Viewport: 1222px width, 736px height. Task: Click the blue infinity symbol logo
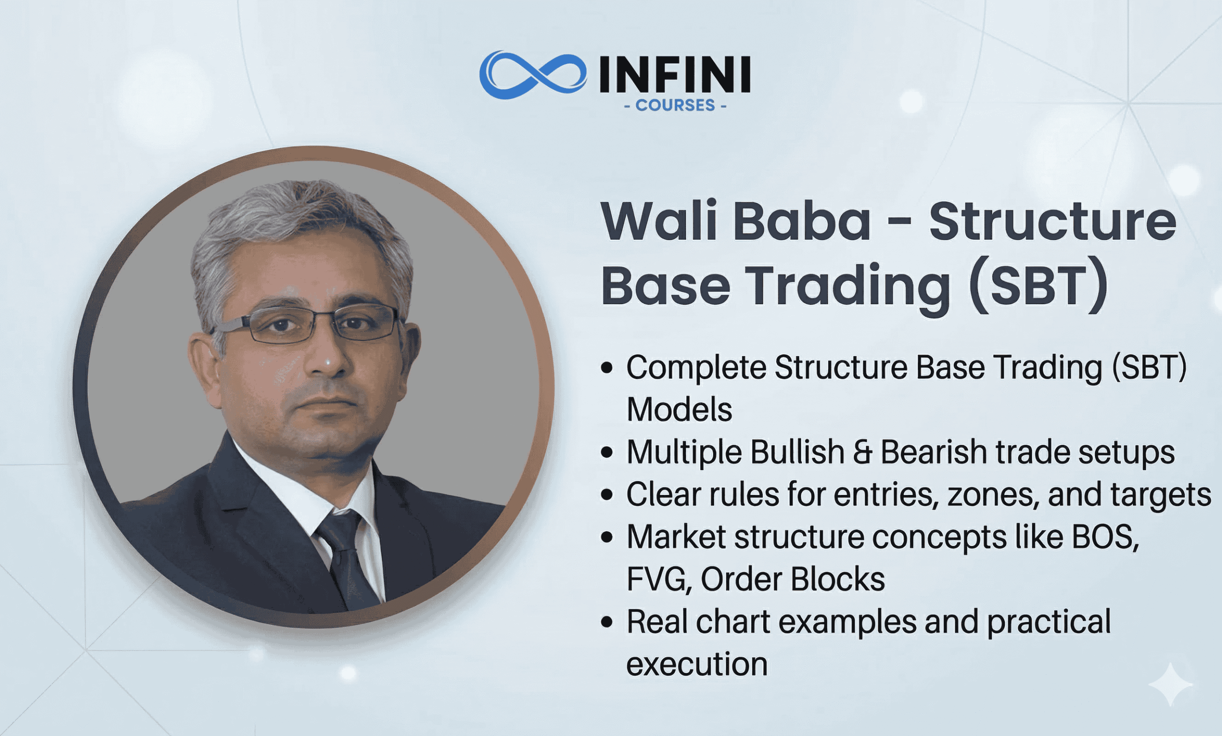pos(533,74)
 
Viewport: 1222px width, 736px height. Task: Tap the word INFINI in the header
pos(674,74)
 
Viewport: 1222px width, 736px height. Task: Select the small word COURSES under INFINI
pos(675,105)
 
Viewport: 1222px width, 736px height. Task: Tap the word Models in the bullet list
pos(679,410)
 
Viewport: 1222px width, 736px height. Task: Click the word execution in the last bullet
pos(697,664)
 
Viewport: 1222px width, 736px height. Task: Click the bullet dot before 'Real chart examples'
pos(607,622)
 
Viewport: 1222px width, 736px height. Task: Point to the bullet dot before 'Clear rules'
pos(607,494)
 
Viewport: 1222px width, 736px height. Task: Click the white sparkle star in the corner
pos(1170,684)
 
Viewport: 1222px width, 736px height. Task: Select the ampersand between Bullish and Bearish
pos(863,452)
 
